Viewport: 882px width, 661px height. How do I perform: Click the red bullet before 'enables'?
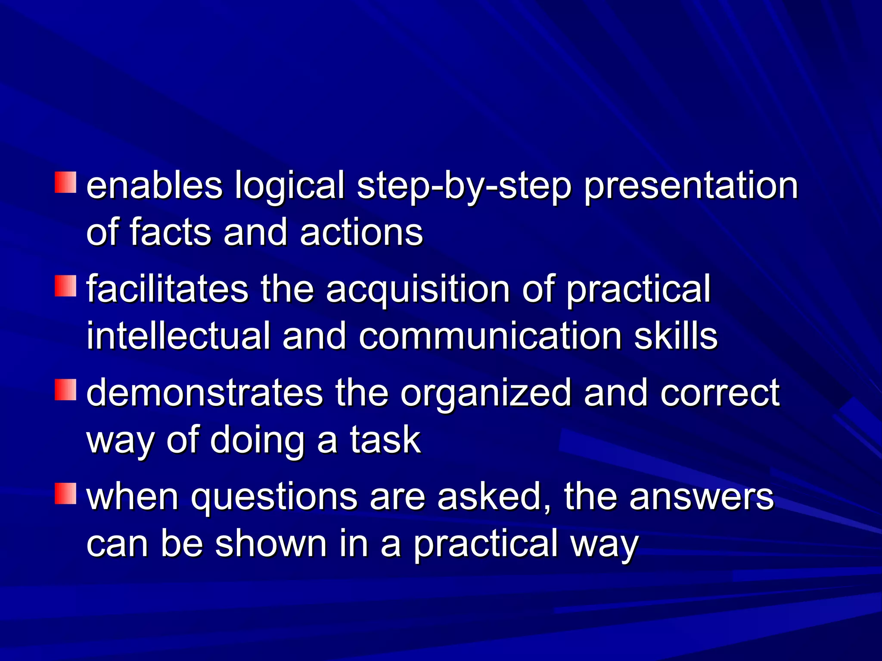65,182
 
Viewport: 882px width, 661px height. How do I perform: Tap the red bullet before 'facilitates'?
65,286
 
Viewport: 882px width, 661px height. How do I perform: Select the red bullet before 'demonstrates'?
65,389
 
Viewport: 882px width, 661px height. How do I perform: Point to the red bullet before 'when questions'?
65,493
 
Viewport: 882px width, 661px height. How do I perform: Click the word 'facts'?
171,232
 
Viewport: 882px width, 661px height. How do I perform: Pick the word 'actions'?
361,232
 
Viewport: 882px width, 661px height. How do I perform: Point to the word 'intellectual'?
178,336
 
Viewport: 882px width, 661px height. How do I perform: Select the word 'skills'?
676,336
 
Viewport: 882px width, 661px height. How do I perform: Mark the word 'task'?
385,440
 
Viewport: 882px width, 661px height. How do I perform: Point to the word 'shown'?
271,543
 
